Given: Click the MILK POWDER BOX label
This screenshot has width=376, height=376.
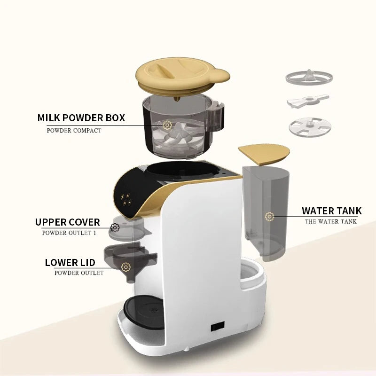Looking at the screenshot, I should click(x=81, y=117).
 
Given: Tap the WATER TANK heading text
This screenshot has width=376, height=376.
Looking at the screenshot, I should click(x=331, y=211).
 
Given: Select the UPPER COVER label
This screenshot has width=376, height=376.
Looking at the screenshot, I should click(x=68, y=222).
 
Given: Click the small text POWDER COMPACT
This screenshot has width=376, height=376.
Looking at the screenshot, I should click(x=74, y=130).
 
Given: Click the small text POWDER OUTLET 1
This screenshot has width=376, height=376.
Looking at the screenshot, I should click(x=69, y=233).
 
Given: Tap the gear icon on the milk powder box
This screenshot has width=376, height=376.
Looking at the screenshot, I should click(x=167, y=125).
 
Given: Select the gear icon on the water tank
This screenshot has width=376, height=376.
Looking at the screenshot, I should click(x=269, y=216).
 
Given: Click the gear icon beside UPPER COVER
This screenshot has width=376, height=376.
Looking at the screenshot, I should click(x=115, y=228).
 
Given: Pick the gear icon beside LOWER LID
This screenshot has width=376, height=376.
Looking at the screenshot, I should click(x=125, y=267).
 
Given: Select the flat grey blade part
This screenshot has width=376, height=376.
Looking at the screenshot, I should click(x=307, y=102).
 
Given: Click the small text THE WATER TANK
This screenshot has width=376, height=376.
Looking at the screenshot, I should click(x=330, y=221).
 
